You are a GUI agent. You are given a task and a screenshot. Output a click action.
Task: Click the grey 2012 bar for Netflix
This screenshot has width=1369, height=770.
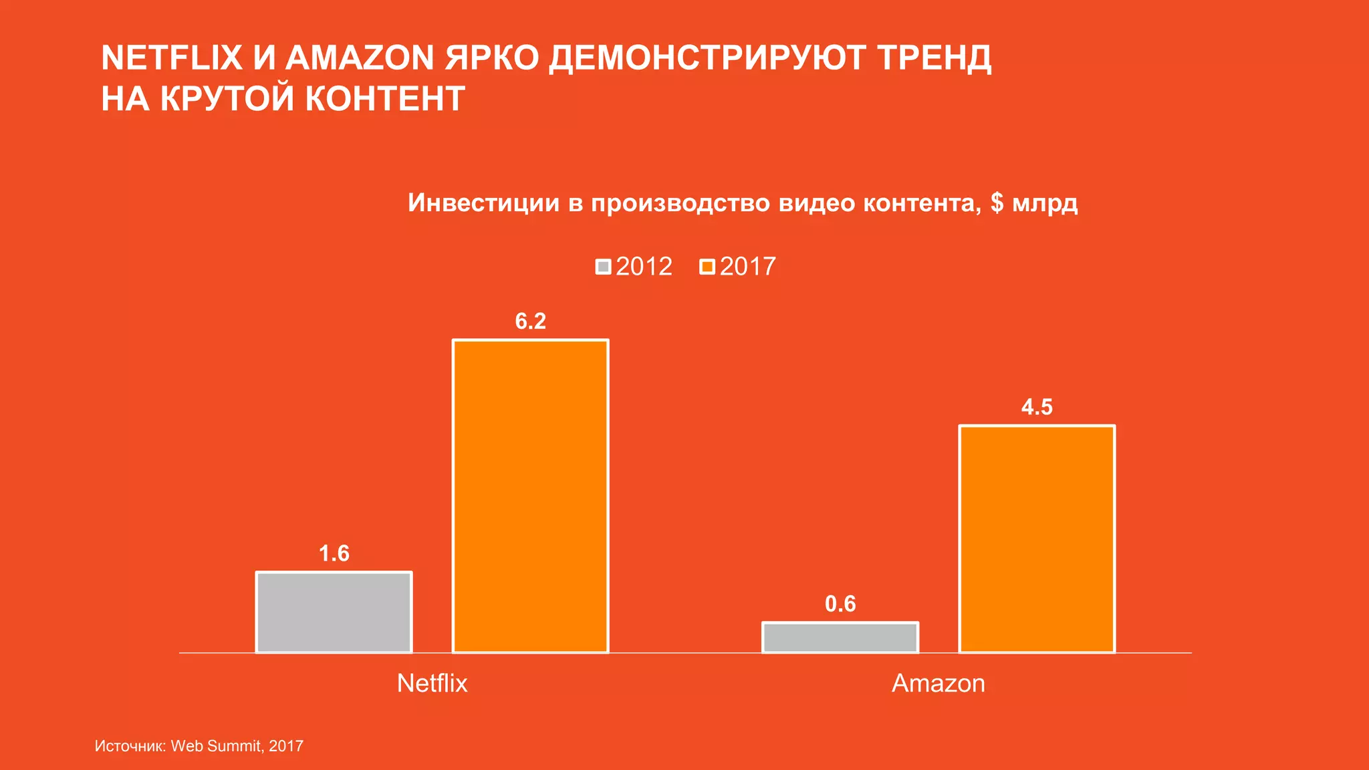click(334, 612)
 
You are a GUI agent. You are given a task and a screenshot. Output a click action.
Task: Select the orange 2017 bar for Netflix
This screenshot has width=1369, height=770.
click(530, 496)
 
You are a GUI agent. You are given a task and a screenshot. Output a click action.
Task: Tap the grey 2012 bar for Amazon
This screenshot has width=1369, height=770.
click(840, 637)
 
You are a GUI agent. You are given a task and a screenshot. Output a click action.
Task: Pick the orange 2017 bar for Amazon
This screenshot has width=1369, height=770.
click(1037, 539)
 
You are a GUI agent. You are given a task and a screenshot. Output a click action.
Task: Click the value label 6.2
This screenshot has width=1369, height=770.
click(530, 322)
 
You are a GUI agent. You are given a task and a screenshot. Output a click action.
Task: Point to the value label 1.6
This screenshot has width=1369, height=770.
click(334, 553)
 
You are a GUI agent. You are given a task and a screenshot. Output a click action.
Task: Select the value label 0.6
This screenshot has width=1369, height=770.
click(840, 604)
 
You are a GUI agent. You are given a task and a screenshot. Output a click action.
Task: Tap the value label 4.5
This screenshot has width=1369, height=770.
click(1037, 407)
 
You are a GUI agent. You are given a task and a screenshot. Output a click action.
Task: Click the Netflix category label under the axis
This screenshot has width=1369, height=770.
click(432, 683)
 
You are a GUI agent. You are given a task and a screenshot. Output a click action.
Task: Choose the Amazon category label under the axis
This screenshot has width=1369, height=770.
click(939, 683)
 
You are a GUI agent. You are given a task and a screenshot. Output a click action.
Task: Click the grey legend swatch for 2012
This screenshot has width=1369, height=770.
click(603, 267)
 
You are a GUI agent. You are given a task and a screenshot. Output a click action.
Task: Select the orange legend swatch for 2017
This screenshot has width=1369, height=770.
click(707, 267)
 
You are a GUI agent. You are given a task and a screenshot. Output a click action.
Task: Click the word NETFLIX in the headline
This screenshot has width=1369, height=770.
click(172, 57)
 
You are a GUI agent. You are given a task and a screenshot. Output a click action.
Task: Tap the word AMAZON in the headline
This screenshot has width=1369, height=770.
click(360, 57)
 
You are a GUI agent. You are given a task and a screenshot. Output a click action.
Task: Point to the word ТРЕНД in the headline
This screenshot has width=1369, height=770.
click(934, 57)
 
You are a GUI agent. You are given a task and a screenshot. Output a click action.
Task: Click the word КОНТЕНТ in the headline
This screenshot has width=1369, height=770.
click(385, 99)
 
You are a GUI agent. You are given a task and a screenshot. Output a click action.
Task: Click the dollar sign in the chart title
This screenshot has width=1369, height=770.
click(997, 203)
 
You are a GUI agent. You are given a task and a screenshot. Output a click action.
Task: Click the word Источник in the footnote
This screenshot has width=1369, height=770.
click(129, 746)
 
